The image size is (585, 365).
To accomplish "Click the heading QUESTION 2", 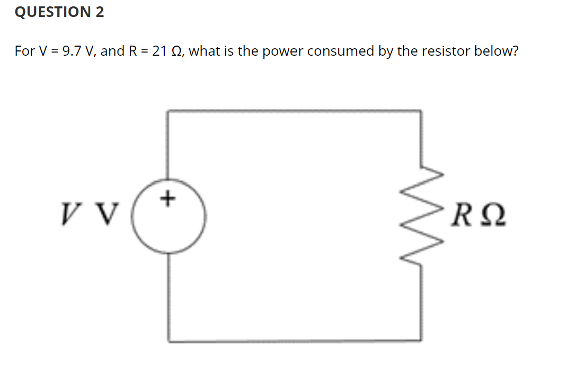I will [x=59, y=12].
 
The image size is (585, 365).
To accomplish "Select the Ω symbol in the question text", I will [x=177, y=51].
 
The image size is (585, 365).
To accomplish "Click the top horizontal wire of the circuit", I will [x=294, y=111].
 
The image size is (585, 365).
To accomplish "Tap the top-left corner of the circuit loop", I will [x=169, y=111].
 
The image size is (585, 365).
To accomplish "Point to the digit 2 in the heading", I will [x=100, y=12].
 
